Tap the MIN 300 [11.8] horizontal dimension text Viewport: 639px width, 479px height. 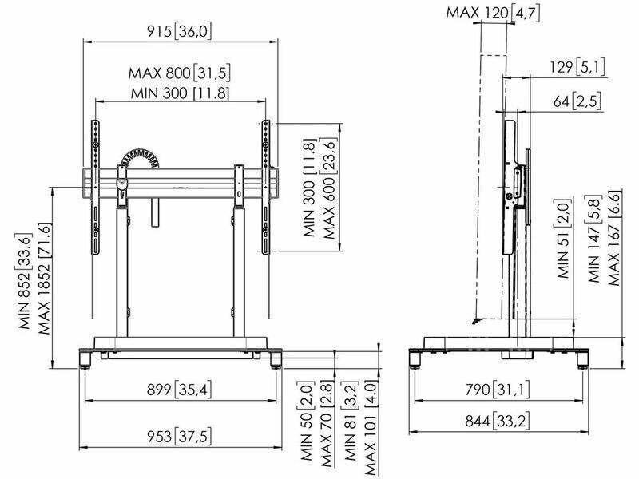181,93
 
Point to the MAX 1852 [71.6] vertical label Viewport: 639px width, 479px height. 45,279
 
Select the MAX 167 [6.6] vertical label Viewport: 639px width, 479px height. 614,238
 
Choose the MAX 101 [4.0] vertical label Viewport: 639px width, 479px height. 370,428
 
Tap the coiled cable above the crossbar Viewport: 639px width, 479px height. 141,156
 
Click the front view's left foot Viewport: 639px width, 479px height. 85,360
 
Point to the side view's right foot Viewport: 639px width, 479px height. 583,360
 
